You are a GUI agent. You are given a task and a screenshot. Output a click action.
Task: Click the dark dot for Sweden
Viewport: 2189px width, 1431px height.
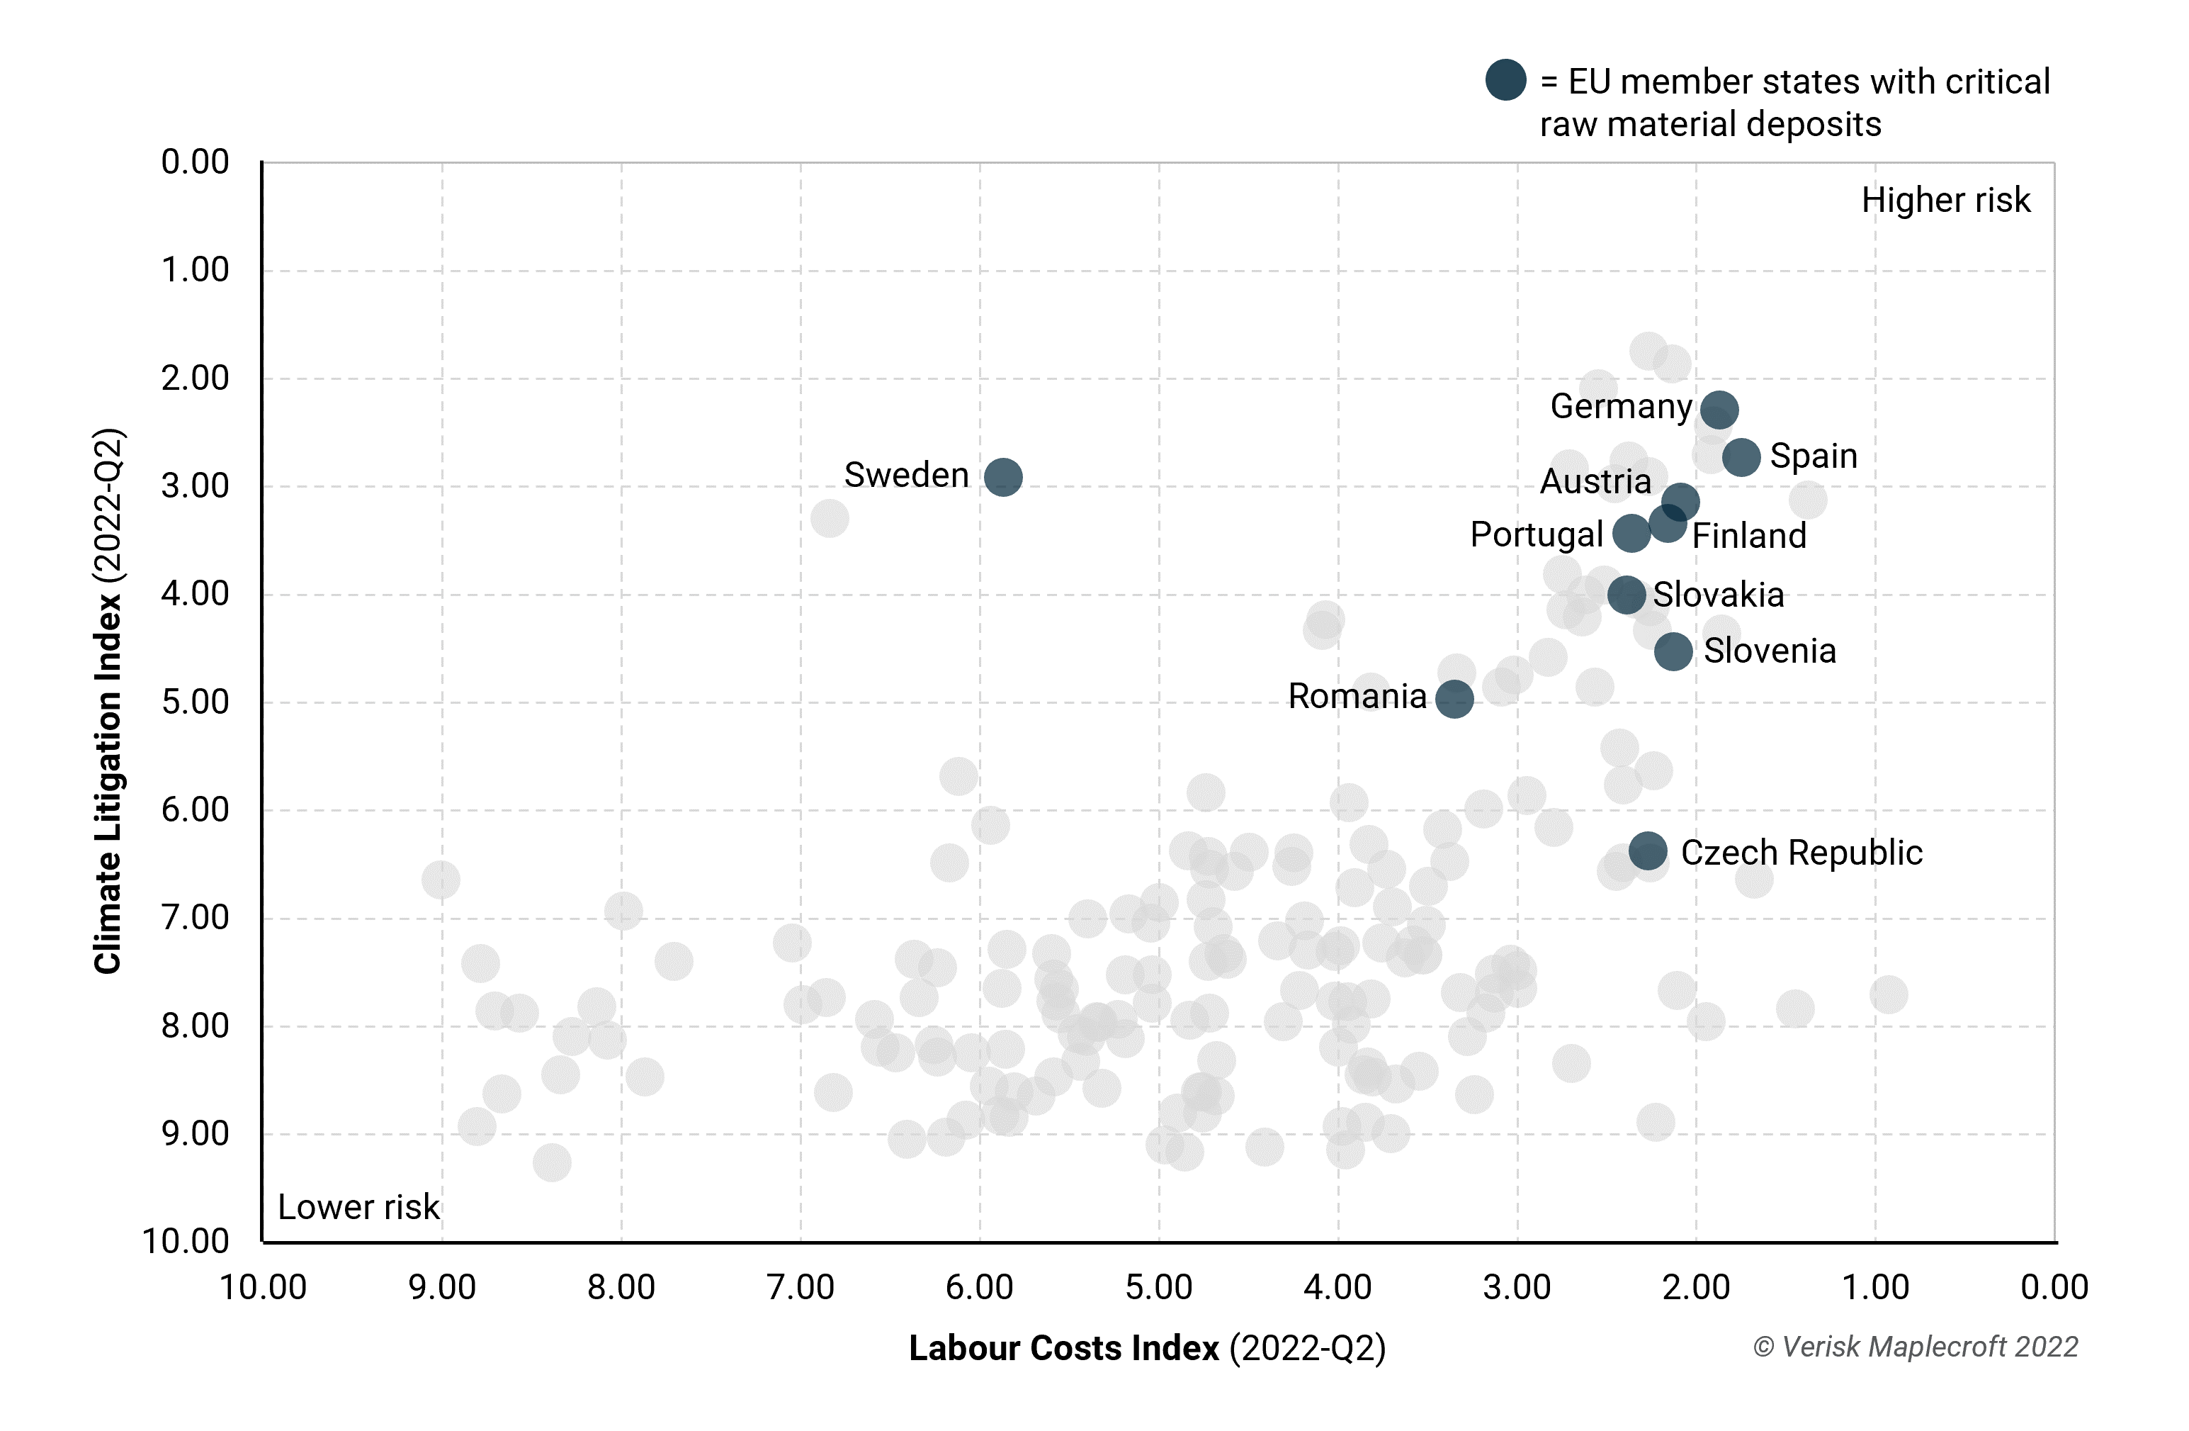1002,477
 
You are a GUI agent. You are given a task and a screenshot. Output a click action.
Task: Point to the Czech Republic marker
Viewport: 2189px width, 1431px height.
1647,851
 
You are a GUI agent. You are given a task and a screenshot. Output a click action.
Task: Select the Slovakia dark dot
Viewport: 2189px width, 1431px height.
1626,595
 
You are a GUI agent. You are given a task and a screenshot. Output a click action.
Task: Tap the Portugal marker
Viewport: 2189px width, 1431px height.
1631,534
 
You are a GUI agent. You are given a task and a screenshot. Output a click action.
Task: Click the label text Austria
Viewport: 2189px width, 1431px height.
1596,481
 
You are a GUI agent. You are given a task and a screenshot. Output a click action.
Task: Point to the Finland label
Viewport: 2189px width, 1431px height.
1748,536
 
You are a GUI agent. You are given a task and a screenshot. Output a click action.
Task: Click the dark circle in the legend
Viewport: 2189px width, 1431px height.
1505,80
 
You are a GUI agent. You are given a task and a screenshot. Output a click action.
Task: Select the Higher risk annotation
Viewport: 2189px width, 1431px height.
1945,200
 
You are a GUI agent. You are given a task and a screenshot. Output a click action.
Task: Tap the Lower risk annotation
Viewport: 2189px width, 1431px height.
358,1206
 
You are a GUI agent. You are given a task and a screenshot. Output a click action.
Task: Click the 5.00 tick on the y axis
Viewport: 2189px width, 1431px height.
195,702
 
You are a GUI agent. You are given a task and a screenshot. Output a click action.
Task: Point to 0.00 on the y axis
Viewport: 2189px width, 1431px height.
195,162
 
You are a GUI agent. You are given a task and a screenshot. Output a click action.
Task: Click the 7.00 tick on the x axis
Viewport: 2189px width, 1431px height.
801,1286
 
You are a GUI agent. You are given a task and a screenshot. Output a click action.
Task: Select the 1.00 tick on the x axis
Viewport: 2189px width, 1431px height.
1875,1286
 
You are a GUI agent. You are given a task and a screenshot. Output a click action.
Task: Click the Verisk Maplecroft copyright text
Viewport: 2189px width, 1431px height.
1915,1347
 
